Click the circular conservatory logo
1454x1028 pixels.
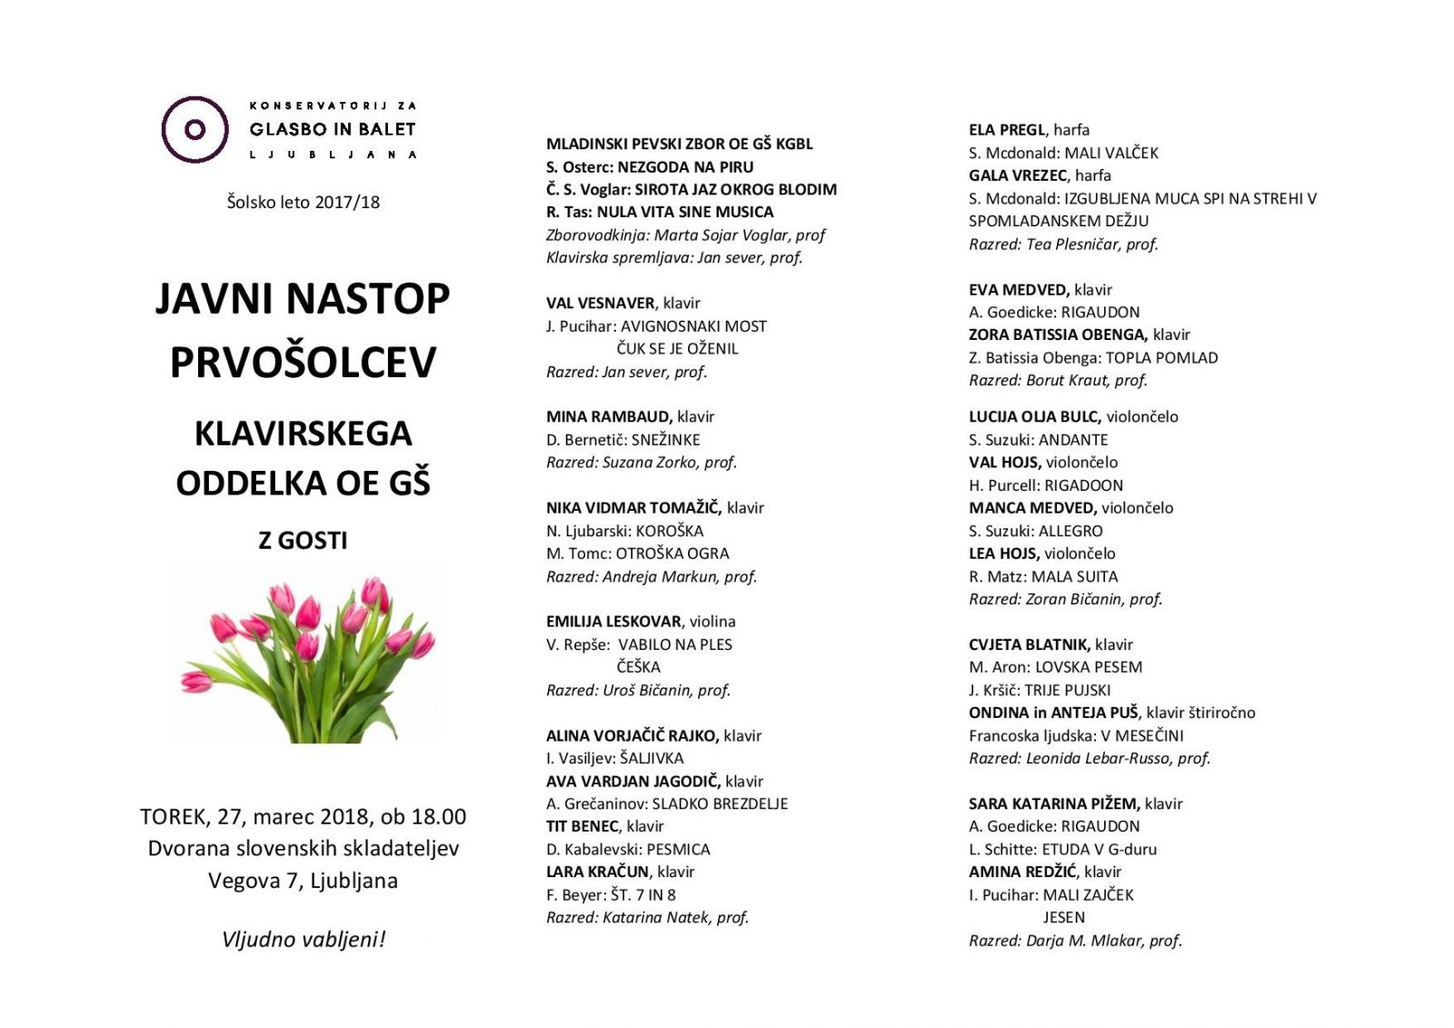(194, 129)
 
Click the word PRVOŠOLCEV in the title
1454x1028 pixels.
(303, 362)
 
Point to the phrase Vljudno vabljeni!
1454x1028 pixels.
(304, 939)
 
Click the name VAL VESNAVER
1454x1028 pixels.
(600, 303)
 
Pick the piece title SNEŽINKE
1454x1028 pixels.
(665, 440)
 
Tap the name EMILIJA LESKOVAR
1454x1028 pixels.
(613, 622)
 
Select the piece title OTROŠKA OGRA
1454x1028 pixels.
(672, 554)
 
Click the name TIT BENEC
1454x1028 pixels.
(582, 826)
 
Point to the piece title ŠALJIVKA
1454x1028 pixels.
(652, 758)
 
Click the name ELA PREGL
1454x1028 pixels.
(1007, 130)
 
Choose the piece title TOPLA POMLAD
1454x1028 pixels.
(1161, 357)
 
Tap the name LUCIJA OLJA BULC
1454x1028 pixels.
(1034, 416)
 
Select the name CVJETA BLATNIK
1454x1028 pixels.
(1029, 644)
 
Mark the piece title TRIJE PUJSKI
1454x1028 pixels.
(1067, 690)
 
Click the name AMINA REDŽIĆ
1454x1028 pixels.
(1021, 872)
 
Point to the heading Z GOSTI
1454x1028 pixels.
(303, 540)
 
